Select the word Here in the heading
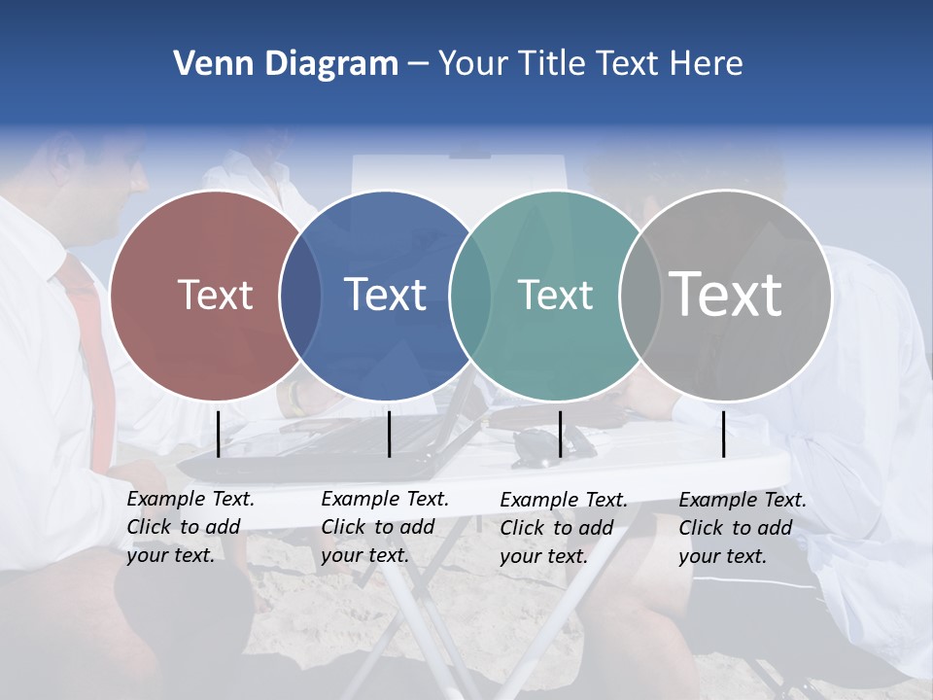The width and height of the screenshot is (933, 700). point(707,64)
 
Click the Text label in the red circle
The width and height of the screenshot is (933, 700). point(215,295)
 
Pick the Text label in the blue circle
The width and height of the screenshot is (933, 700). point(385,295)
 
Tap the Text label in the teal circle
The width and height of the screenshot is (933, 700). point(555,295)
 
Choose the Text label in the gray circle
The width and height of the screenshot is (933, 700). point(725,294)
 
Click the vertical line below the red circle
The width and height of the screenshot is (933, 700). point(218,434)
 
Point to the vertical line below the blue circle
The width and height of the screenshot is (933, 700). point(389,434)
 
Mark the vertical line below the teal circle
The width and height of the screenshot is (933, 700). point(560,434)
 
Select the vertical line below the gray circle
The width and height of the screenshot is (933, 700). point(723,434)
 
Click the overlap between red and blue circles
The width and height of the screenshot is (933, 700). point(300,296)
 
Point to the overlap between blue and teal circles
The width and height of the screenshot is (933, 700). point(470,296)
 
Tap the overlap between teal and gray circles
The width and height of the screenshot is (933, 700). point(640,296)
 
